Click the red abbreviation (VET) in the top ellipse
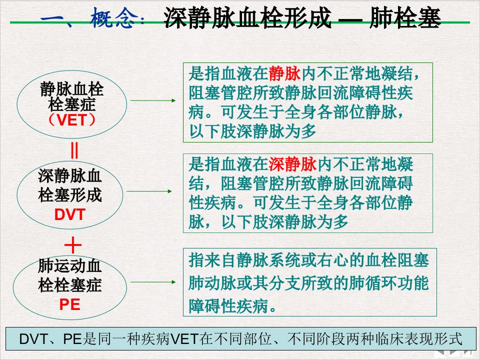[71, 119]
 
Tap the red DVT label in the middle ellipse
[70, 214]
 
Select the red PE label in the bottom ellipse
[70, 304]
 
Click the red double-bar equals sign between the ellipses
[74, 150]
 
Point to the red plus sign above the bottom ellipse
[73, 245]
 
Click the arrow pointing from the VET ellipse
[153, 100]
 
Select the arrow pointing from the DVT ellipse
[149, 191]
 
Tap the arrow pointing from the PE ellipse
[153, 282]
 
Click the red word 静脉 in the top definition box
[284, 74]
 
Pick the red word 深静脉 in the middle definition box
[292, 164]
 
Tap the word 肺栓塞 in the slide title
[405, 18]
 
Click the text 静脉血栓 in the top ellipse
[72, 89]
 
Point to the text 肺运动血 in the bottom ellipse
[70, 265]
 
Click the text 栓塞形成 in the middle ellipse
[70, 195]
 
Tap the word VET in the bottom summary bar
[184, 339]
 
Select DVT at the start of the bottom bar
[33, 339]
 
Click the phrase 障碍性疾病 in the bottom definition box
[228, 305]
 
